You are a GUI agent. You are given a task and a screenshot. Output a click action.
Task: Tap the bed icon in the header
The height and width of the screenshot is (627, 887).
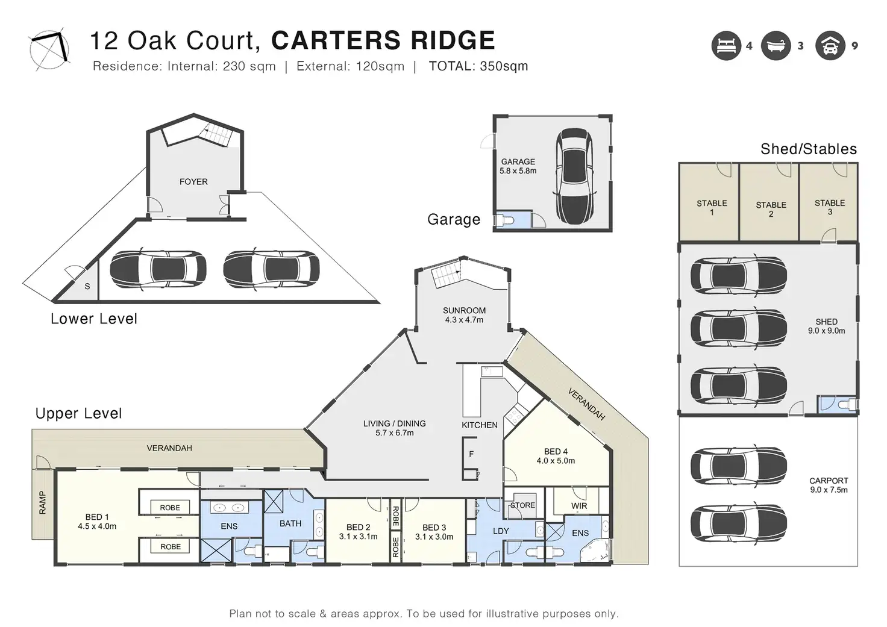click(x=726, y=46)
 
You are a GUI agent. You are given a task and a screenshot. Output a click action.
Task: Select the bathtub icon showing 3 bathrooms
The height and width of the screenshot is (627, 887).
click(x=776, y=46)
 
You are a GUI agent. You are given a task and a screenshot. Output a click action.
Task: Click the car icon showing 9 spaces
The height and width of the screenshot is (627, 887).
click(x=830, y=46)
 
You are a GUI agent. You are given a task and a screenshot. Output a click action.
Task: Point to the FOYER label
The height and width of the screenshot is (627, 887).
click(x=193, y=181)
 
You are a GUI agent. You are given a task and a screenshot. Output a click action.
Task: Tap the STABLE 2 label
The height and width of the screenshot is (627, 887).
click(x=771, y=209)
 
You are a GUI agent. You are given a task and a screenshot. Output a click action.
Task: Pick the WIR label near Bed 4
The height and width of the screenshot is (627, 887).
click(x=579, y=506)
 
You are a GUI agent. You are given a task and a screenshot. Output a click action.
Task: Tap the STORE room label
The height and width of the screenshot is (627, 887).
click(x=522, y=505)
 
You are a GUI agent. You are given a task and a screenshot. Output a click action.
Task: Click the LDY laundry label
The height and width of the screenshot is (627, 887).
click(x=501, y=531)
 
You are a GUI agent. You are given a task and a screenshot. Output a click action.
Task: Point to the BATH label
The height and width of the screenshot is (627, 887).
click(x=290, y=523)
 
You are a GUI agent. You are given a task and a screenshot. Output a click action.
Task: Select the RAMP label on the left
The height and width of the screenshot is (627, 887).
click(x=43, y=503)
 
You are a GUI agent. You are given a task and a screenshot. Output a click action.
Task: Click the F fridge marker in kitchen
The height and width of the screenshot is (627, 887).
click(x=471, y=454)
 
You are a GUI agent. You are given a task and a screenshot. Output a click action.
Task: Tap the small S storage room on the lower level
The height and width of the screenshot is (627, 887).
click(x=87, y=286)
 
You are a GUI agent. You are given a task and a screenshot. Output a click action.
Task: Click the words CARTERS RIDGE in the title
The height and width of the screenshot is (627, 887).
click(x=383, y=40)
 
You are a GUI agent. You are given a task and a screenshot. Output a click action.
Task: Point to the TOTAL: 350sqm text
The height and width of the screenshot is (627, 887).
click(x=478, y=66)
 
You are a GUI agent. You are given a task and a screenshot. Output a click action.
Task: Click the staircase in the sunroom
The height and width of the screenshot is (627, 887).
click(x=447, y=275)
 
